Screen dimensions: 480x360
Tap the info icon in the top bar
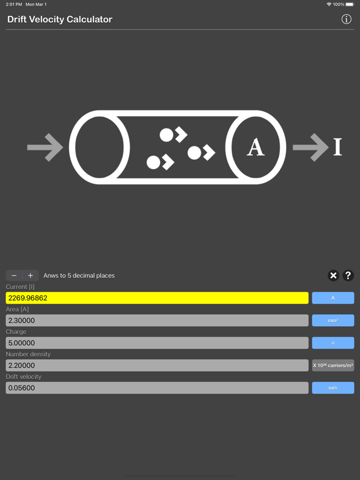347,19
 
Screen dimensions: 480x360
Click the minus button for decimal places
14,275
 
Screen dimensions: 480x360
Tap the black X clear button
333,275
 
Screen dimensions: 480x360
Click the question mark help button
348,275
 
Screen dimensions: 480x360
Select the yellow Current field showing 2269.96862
157,298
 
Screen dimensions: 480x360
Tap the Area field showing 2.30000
157,321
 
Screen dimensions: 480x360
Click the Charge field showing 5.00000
157,343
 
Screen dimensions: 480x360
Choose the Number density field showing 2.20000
157,365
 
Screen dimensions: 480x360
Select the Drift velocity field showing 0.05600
157,388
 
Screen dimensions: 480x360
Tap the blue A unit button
333,298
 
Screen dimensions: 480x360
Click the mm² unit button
333,321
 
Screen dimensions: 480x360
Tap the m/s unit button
333,388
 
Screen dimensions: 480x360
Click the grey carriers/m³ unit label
333,365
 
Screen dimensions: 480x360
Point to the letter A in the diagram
256,147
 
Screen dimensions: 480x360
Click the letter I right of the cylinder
337,147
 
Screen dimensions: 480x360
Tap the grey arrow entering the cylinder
45,147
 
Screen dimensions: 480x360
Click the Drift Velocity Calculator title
60,20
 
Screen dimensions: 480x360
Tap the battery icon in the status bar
351,4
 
